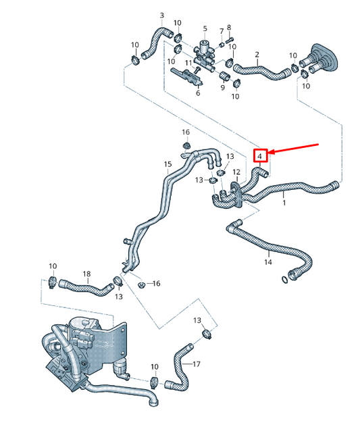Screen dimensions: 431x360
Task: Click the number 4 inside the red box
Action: click(261, 156)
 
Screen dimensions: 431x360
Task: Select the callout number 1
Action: click(284, 203)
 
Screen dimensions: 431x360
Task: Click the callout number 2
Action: click(257, 54)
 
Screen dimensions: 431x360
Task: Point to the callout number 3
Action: click(161, 15)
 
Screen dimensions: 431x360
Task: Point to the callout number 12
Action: click(236, 172)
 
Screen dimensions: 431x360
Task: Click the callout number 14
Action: click(267, 261)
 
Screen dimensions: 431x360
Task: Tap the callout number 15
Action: click(168, 164)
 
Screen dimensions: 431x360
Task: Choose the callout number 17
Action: click(197, 364)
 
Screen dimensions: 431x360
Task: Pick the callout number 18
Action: click(86, 274)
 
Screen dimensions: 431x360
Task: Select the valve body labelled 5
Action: click(205, 51)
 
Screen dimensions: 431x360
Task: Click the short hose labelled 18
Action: click(86, 288)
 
